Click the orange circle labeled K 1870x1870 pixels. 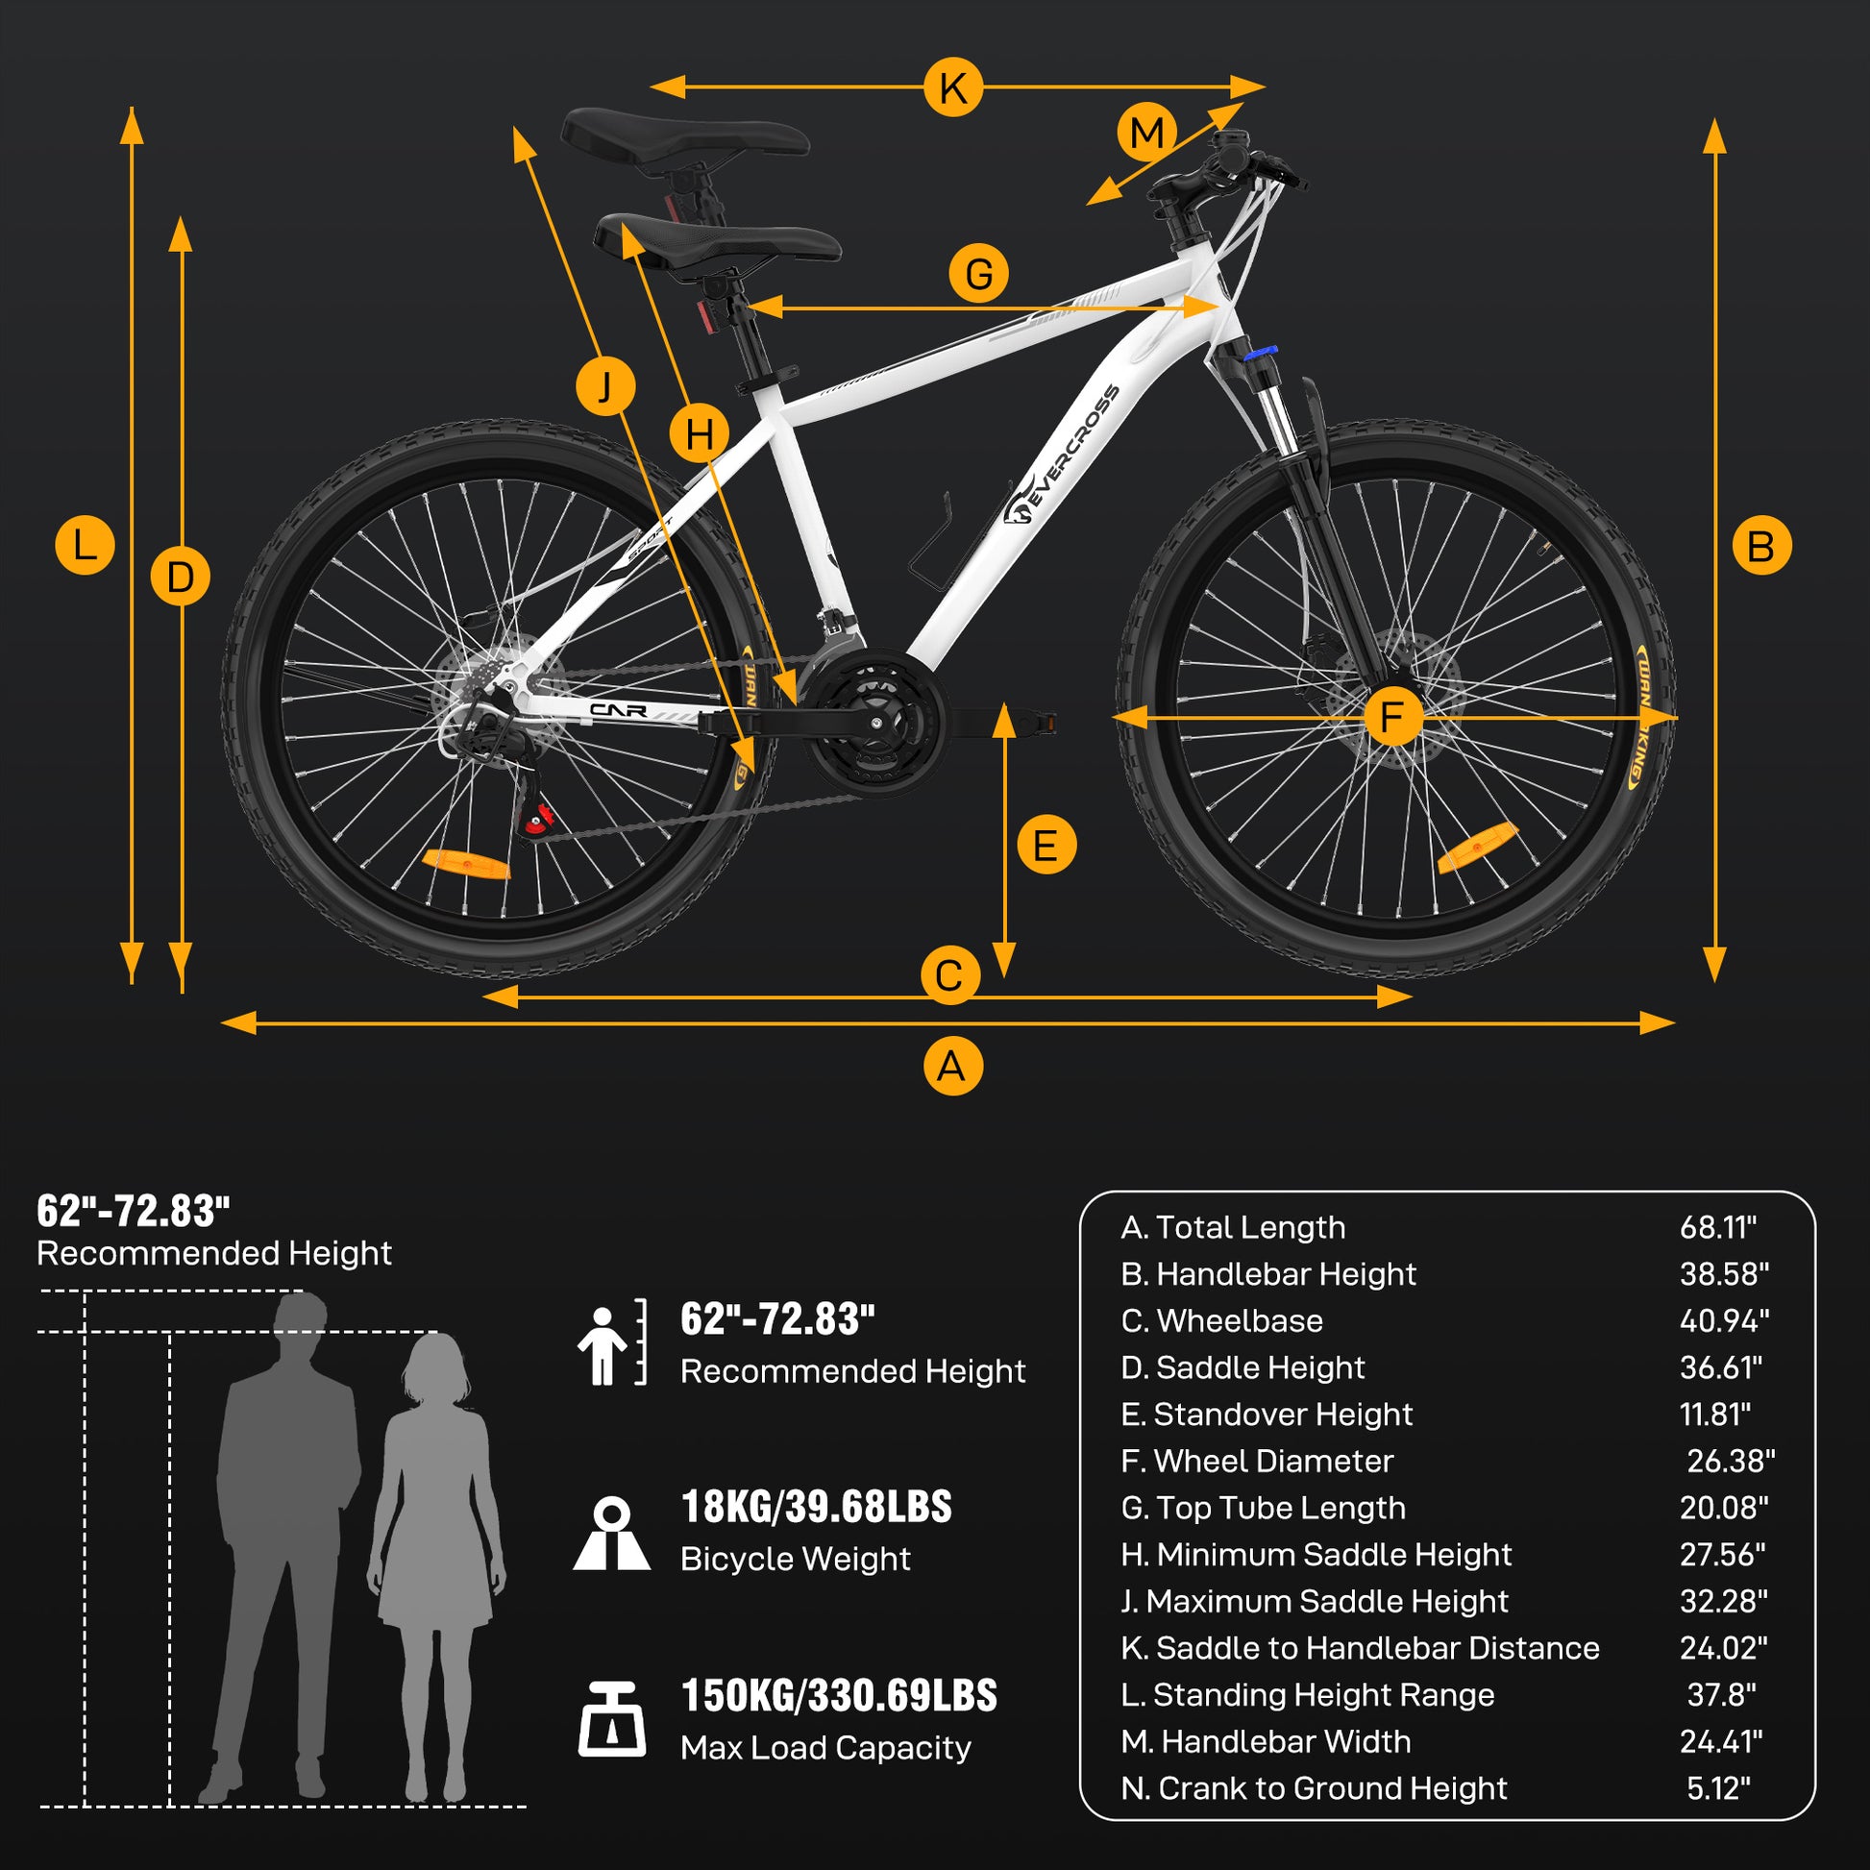952,87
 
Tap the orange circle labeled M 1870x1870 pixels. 1146,133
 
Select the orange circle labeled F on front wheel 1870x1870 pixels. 1391,717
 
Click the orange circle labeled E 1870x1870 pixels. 1046,845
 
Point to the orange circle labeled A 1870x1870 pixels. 952,1067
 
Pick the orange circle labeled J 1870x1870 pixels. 605,386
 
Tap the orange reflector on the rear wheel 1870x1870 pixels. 466,862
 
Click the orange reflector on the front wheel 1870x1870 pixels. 1476,846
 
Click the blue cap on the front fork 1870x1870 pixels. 1260,354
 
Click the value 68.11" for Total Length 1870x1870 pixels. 1717,1227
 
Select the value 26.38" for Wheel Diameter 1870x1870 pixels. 1730,1461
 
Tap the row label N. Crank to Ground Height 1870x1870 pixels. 1314,1787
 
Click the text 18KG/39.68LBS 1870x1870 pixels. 816,1507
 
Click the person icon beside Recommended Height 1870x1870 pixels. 603,1344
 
